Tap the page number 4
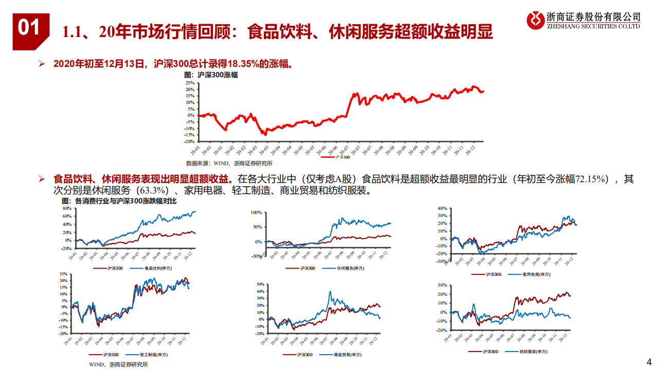[648, 361]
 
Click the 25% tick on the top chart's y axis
[189, 83]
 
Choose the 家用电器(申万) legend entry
[536, 274]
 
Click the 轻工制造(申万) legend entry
[152, 355]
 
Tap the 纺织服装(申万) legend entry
[532, 351]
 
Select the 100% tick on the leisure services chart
[256, 212]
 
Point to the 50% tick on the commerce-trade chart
[260, 284]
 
